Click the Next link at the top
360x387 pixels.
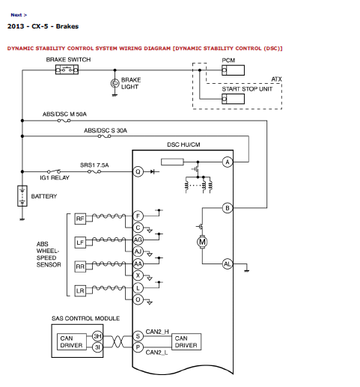(19, 15)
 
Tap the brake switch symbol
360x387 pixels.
(67, 70)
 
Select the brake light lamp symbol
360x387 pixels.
(115, 83)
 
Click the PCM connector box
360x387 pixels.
(233, 70)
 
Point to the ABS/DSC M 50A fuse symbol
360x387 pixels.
(64, 121)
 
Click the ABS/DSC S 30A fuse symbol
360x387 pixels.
(104, 136)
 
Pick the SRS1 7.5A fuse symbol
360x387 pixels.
(94, 171)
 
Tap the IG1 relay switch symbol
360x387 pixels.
(54, 171)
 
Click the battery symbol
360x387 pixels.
(22, 196)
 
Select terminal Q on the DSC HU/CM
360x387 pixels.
(138, 171)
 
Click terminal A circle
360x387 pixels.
(228, 162)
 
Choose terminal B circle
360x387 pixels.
(228, 208)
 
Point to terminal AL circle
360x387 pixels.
(228, 263)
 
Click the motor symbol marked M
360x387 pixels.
(202, 242)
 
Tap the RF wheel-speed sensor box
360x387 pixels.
(80, 219)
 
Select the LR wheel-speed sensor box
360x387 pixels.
(80, 290)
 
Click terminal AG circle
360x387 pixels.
(138, 240)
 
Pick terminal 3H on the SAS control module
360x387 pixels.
(97, 336)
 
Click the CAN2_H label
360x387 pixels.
(157, 332)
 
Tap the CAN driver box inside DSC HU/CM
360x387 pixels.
(186, 341)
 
